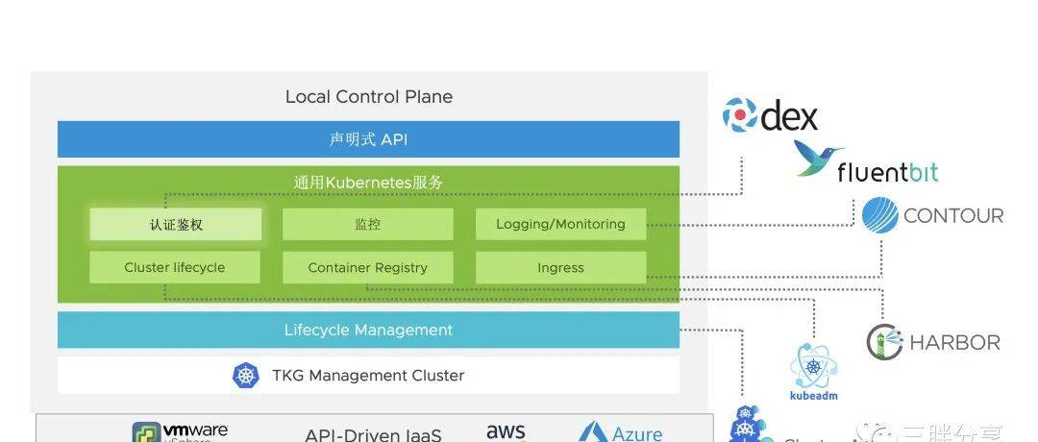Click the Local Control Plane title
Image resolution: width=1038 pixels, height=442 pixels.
[x=368, y=97]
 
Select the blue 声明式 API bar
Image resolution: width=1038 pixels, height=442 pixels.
[x=368, y=139]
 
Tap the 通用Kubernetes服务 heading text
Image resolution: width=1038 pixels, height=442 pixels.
[x=368, y=182]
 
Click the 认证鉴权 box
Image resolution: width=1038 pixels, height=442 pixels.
[x=175, y=225]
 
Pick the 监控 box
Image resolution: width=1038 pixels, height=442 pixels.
[x=367, y=225]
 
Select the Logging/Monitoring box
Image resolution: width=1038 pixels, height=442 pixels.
[x=560, y=225]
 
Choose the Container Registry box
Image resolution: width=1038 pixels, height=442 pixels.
[x=367, y=268]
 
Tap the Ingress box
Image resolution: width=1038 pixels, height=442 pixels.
[x=560, y=268]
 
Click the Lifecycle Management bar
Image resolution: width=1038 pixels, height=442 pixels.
[x=368, y=331]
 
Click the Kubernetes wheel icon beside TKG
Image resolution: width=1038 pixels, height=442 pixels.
[x=246, y=376]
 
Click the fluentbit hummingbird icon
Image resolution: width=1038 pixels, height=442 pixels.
[x=819, y=157]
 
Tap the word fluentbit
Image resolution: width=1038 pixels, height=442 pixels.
[x=886, y=173]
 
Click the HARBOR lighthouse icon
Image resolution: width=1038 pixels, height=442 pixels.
[x=885, y=342]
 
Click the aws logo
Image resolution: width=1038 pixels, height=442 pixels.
[x=506, y=431]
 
